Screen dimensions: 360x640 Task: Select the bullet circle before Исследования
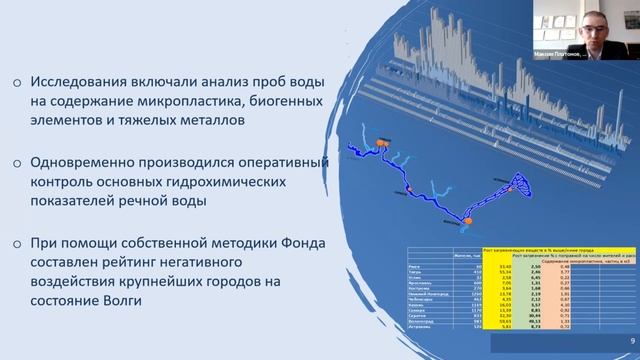pos(17,83)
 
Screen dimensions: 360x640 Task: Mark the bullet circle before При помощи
pos(17,246)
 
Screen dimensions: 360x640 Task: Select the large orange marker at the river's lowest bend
pos(468,217)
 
